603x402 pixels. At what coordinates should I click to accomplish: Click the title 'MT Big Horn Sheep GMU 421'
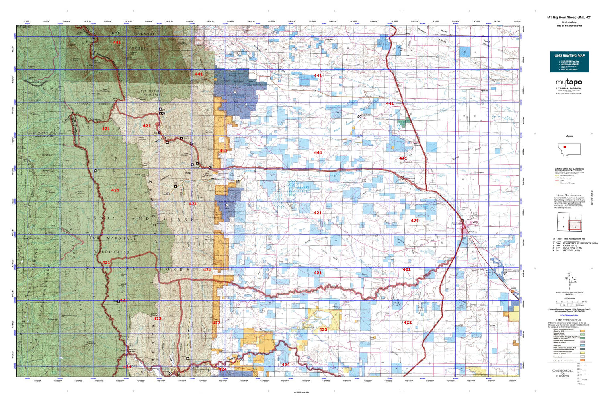point(569,18)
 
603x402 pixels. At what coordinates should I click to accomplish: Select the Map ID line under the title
point(569,25)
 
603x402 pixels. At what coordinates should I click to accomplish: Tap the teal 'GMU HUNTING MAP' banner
point(569,55)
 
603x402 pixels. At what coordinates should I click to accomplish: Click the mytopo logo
point(569,82)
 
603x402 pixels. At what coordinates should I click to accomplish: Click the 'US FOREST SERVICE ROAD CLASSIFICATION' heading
point(569,169)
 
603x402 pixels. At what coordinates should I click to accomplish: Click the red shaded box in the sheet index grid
point(575,227)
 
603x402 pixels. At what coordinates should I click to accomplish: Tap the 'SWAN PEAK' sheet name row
point(572,248)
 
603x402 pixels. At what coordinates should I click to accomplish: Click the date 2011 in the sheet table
point(559,251)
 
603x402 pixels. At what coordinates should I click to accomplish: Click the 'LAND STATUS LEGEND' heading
point(568,320)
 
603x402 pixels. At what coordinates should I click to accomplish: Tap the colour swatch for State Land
point(582,346)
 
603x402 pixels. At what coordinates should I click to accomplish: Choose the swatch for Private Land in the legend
point(582,357)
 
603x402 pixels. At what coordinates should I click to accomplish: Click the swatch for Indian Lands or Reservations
point(582,361)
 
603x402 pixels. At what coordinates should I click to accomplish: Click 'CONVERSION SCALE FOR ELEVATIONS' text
point(562,373)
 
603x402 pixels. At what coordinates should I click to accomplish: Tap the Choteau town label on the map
point(473,232)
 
